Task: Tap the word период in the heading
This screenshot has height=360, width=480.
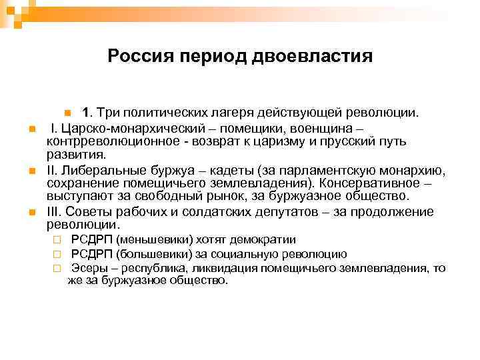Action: pyautogui.click(x=212, y=55)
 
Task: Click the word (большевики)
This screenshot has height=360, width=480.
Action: pyautogui.click(x=149, y=254)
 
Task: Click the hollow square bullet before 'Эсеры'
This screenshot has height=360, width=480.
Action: pyautogui.click(x=58, y=268)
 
